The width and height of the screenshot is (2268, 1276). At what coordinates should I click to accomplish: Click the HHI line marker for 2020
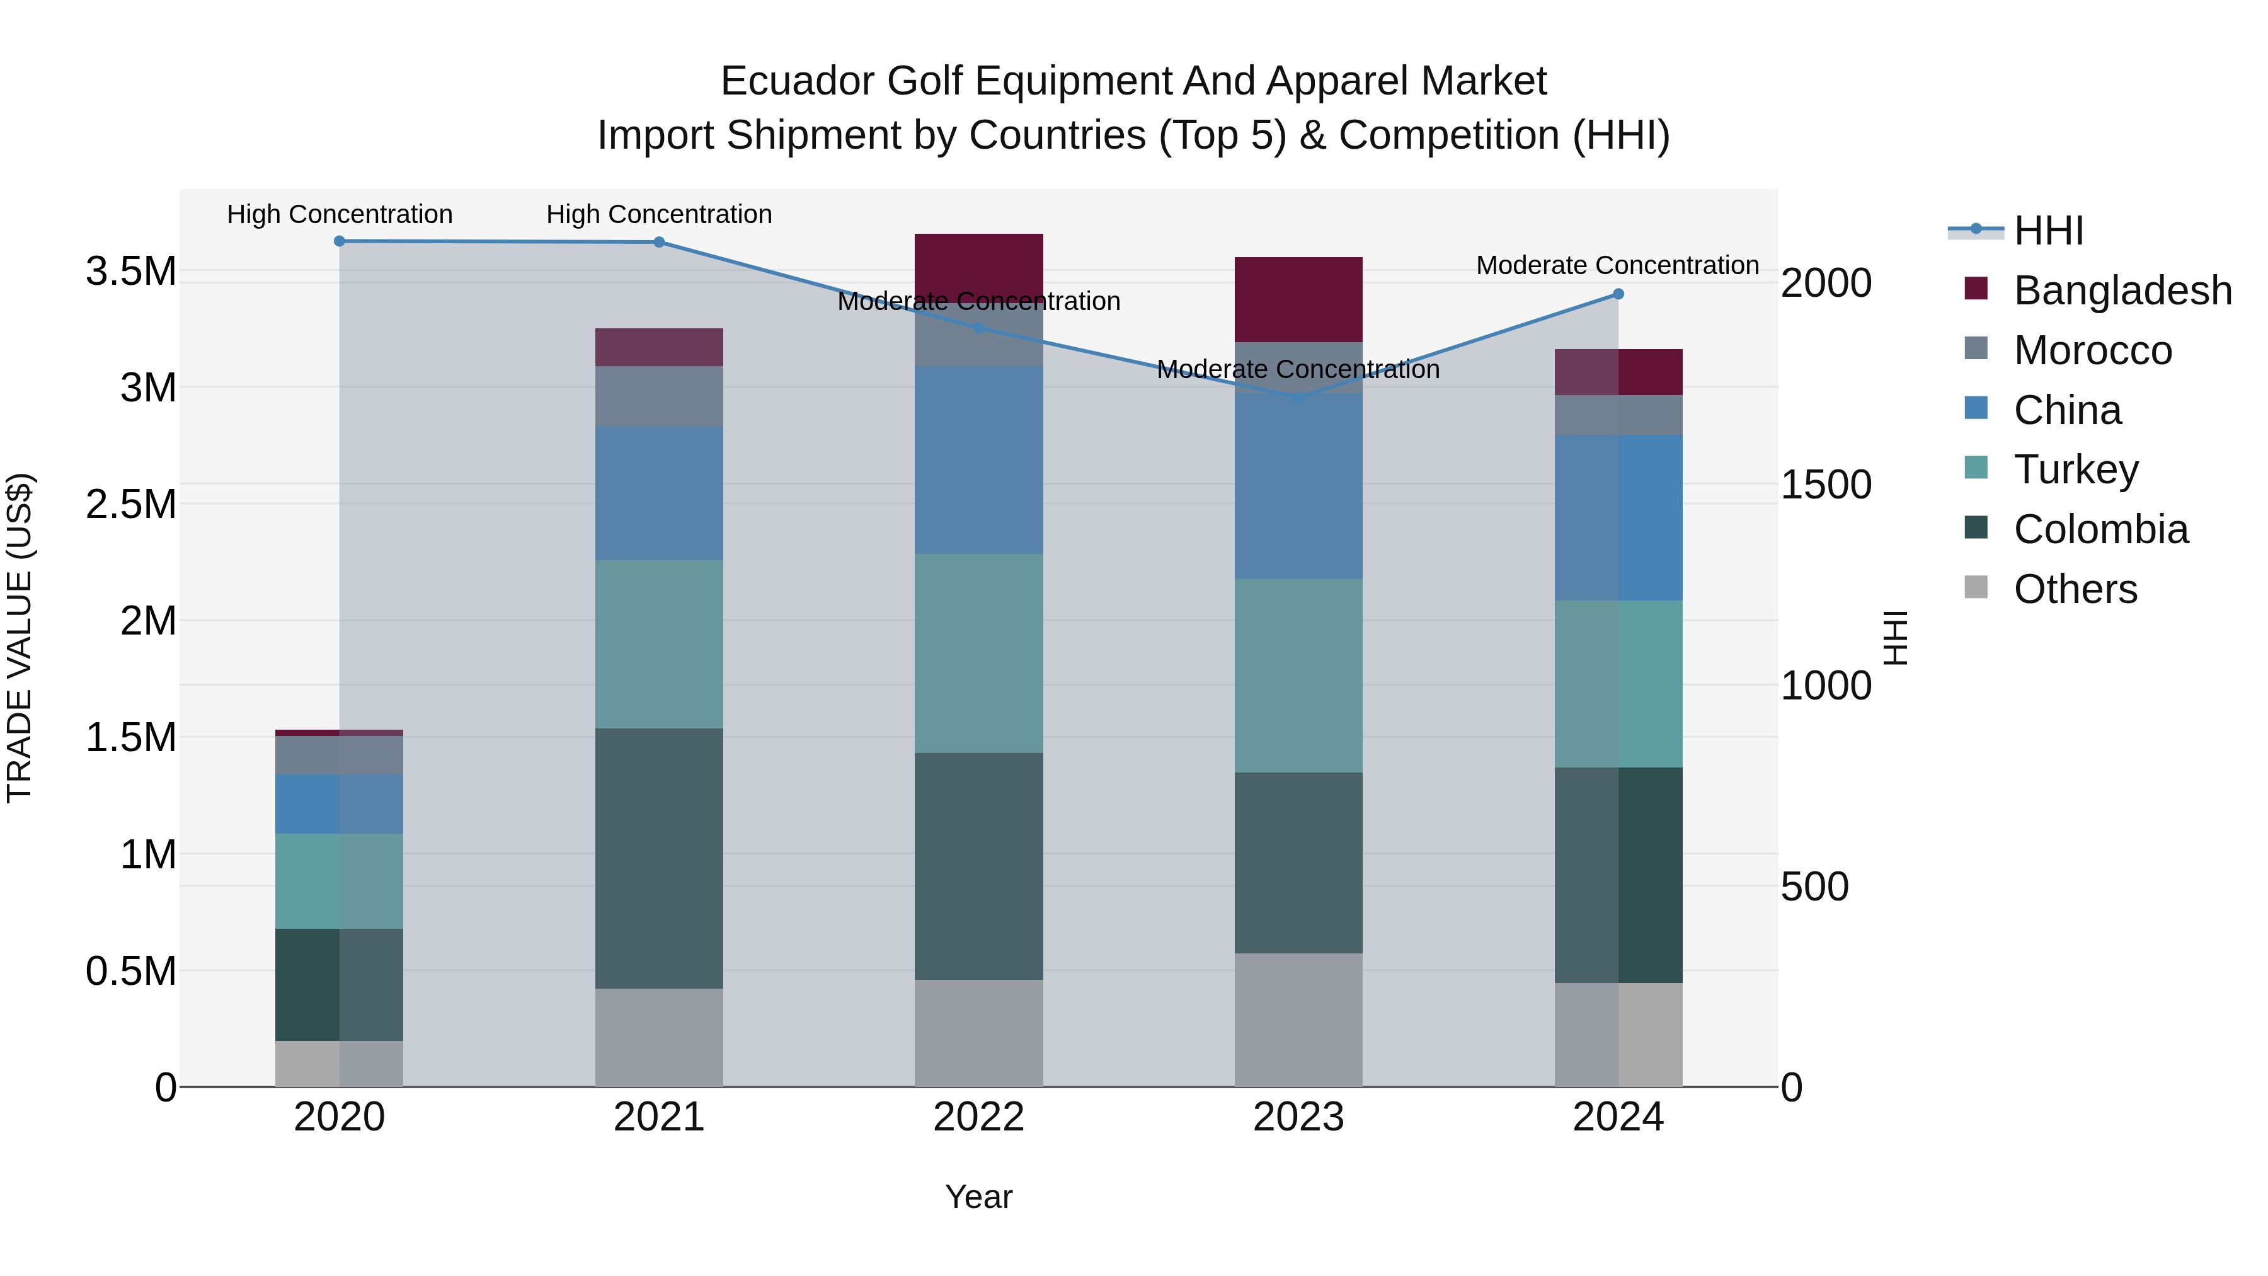coord(339,241)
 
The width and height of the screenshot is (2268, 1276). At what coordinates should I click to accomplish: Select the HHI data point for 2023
coord(1298,398)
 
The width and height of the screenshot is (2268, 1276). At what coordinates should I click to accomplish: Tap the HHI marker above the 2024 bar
coord(1618,294)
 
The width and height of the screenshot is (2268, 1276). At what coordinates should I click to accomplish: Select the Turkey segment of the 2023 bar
coord(1298,675)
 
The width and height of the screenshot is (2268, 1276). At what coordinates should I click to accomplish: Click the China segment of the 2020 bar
coord(339,804)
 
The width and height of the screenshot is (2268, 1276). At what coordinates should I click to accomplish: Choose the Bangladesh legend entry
coord(2122,290)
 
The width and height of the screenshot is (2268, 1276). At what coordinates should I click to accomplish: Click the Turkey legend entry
coord(2075,469)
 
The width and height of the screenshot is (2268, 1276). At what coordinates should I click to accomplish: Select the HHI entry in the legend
coord(2048,231)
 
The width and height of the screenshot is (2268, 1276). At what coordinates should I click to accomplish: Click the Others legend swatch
coord(1976,587)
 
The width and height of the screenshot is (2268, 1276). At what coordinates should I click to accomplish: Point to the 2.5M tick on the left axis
coord(131,505)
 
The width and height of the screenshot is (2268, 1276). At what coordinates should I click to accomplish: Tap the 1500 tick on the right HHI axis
coord(1826,485)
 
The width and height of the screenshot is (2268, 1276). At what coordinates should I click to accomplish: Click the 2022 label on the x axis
coord(978,1117)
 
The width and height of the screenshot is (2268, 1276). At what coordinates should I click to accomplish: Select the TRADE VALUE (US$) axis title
coord(20,638)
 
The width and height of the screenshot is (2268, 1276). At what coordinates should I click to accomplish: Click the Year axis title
coord(978,1197)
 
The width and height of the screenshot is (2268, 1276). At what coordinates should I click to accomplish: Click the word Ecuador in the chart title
coord(797,81)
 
